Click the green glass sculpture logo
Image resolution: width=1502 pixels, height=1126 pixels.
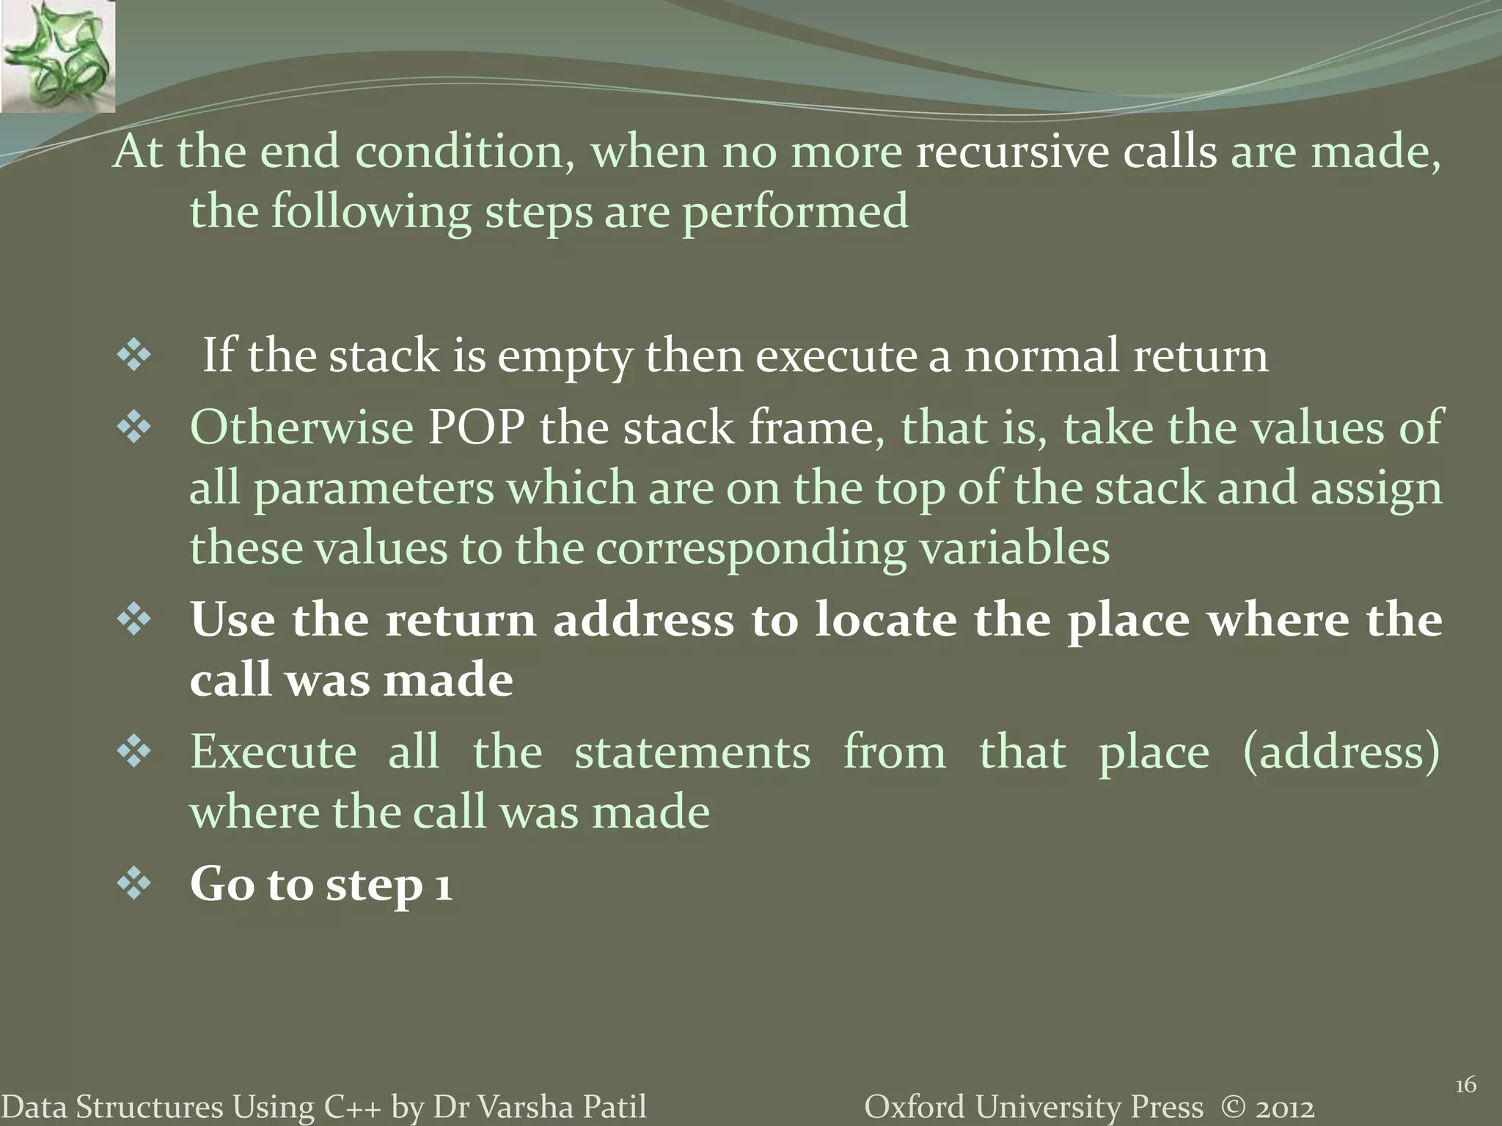57,56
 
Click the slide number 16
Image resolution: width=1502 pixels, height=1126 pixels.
1465,1085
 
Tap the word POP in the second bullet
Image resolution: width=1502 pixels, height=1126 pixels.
476,427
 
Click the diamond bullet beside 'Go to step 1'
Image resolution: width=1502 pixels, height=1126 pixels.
133,885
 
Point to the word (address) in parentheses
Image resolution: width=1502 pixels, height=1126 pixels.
1341,752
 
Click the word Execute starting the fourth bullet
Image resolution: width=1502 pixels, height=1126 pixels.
274,752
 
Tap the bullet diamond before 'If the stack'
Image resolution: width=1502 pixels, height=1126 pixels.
133,357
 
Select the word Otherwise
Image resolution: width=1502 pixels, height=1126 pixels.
301,427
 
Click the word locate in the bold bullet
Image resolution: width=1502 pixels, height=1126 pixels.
886,620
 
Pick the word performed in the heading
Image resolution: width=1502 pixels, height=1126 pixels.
795,213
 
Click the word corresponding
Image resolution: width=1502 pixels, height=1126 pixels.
750,549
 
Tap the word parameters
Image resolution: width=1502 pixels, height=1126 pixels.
374,489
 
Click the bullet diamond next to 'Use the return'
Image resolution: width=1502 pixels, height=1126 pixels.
133,620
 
